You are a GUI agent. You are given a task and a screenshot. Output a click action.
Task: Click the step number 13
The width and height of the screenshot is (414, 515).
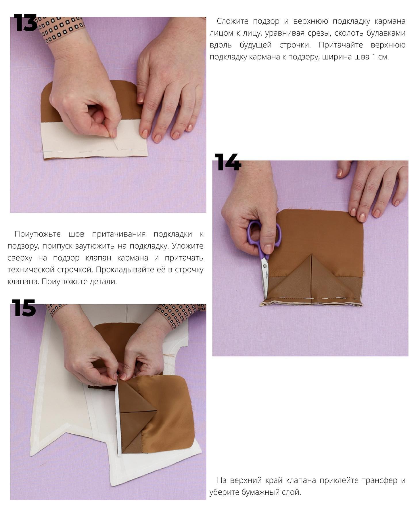click(25, 23)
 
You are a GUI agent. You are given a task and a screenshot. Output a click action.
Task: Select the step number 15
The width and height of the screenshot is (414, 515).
click(24, 308)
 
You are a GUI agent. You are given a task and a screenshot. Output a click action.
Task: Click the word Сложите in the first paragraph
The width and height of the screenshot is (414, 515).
click(234, 21)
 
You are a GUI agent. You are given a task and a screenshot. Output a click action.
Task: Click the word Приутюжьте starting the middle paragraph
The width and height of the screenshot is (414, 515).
click(38, 234)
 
